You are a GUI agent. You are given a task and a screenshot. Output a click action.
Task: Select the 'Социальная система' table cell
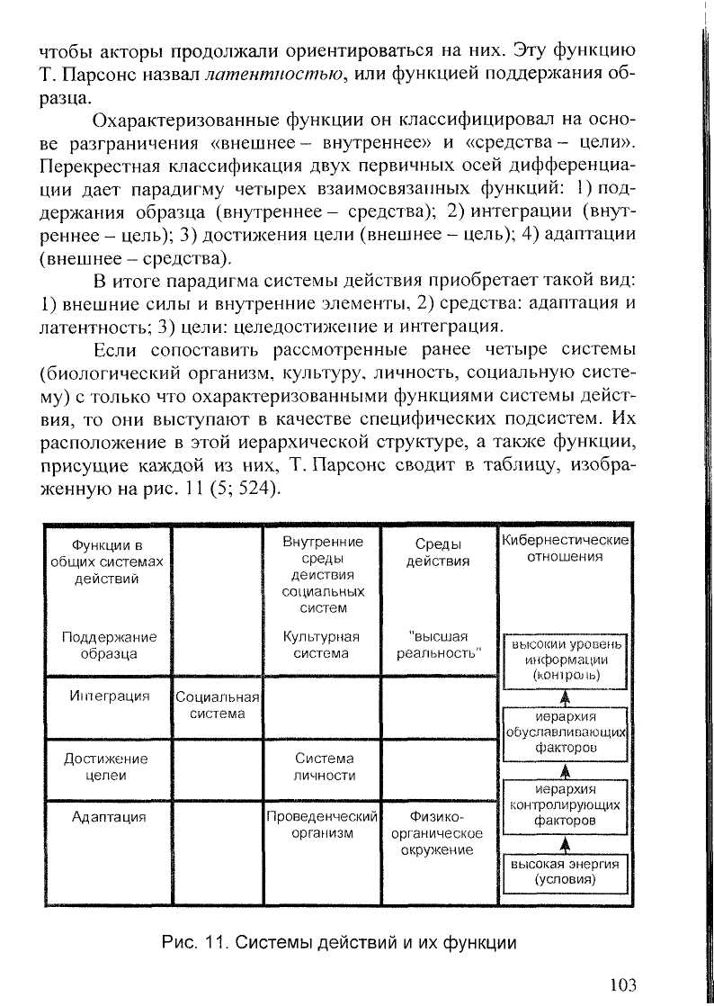tap(217, 705)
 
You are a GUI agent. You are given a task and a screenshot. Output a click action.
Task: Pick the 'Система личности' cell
tap(323, 767)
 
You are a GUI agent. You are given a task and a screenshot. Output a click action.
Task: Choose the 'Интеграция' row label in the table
tap(108, 696)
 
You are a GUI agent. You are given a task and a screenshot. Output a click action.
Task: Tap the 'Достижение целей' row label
tap(108, 767)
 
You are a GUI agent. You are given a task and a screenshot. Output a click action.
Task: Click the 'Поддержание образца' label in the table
tap(108, 645)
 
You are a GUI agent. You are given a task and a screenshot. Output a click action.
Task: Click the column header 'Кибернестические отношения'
tap(565, 548)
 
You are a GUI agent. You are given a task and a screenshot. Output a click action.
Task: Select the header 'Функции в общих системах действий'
tap(108, 561)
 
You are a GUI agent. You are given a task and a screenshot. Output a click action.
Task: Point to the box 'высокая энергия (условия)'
tap(565, 871)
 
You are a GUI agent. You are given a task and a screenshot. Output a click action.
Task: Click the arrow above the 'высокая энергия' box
tap(565, 844)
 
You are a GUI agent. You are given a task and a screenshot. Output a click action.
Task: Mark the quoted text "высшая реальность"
tap(439, 645)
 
